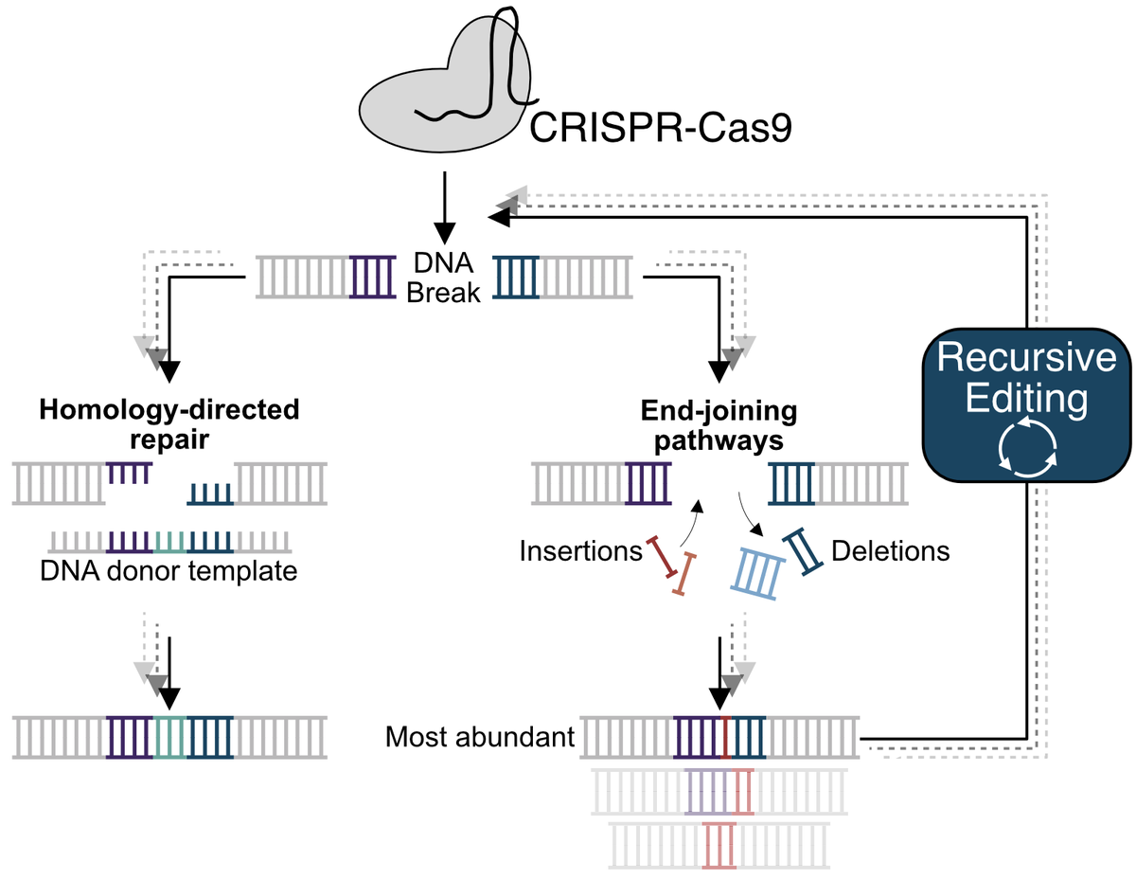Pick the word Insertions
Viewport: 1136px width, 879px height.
pyautogui.click(x=580, y=550)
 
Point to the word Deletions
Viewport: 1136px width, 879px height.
pyautogui.click(x=891, y=550)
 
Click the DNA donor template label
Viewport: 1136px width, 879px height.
pyautogui.click(x=169, y=571)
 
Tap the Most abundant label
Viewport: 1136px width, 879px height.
pyautogui.click(x=480, y=736)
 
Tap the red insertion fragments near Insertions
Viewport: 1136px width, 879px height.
pyautogui.click(x=671, y=565)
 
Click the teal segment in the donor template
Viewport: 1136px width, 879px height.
pyautogui.click(x=170, y=542)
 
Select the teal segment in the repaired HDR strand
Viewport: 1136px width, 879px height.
pyautogui.click(x=170, y=737)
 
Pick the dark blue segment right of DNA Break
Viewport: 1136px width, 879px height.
pyautogui.click(x=518, y=277)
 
